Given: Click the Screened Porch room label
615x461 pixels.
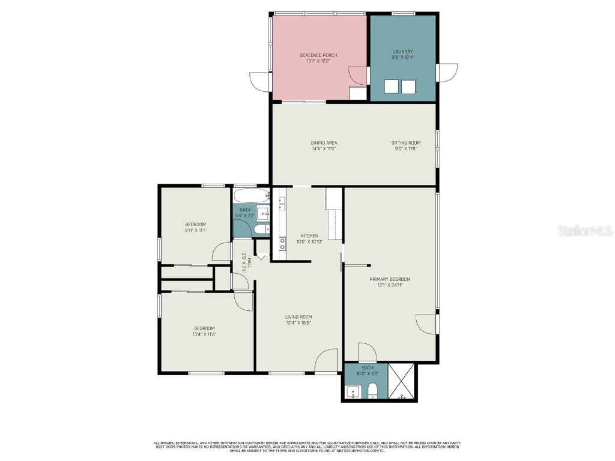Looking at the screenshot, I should [x=318, y=55].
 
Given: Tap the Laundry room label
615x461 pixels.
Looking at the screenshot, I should [x=403, y=52].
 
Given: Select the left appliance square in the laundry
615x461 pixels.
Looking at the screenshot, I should [x=392, y=87].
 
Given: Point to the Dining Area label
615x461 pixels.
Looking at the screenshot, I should [x=323, y=143].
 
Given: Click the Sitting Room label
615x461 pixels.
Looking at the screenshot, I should [x=406, y=143].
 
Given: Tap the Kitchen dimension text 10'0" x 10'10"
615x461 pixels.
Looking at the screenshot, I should [x=309, y=242].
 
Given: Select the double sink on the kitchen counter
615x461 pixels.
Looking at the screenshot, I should [x=281, y=205].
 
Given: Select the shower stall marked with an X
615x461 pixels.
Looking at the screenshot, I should [x=402, y=382].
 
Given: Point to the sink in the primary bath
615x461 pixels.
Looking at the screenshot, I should [x=353, y=393].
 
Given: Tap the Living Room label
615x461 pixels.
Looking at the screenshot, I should [x=298, y=317].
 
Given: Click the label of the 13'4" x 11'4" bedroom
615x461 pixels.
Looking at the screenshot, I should [x=204, y=328].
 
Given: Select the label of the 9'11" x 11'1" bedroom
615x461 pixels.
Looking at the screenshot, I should [x=195, y=224].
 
